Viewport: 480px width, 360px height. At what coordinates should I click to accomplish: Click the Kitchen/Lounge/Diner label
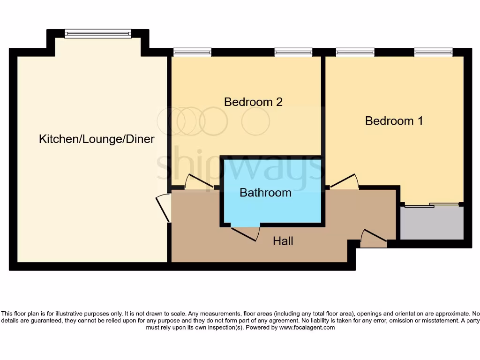click(x=97, y=139)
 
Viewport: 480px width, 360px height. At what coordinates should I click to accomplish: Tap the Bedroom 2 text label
click(x=253, y=102)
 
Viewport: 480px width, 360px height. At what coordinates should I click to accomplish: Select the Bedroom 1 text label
click(x=394, y=121)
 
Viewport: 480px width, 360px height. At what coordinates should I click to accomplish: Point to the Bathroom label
click(x=265, y=193)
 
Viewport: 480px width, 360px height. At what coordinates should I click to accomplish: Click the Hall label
click(x=283, y=241)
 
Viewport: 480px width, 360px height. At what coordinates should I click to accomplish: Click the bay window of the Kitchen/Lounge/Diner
click(x=98, y=33)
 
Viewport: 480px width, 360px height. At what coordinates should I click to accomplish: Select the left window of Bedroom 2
click(x=192, y=52)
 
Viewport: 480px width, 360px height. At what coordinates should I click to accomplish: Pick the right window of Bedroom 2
click(x=293, y=52)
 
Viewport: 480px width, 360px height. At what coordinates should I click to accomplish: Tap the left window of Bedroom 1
click(x=355, y=52)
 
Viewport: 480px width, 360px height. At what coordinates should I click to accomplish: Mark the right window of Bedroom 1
click(x=433, y=52)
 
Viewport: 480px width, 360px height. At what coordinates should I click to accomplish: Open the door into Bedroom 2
click(x=199, y=183)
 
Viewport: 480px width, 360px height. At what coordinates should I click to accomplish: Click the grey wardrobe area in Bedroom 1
click(x=431, y=223)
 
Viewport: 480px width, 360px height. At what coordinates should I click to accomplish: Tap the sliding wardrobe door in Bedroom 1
click(x=431, y=205)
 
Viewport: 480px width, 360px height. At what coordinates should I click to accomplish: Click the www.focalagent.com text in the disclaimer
click(x=307, y=328)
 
